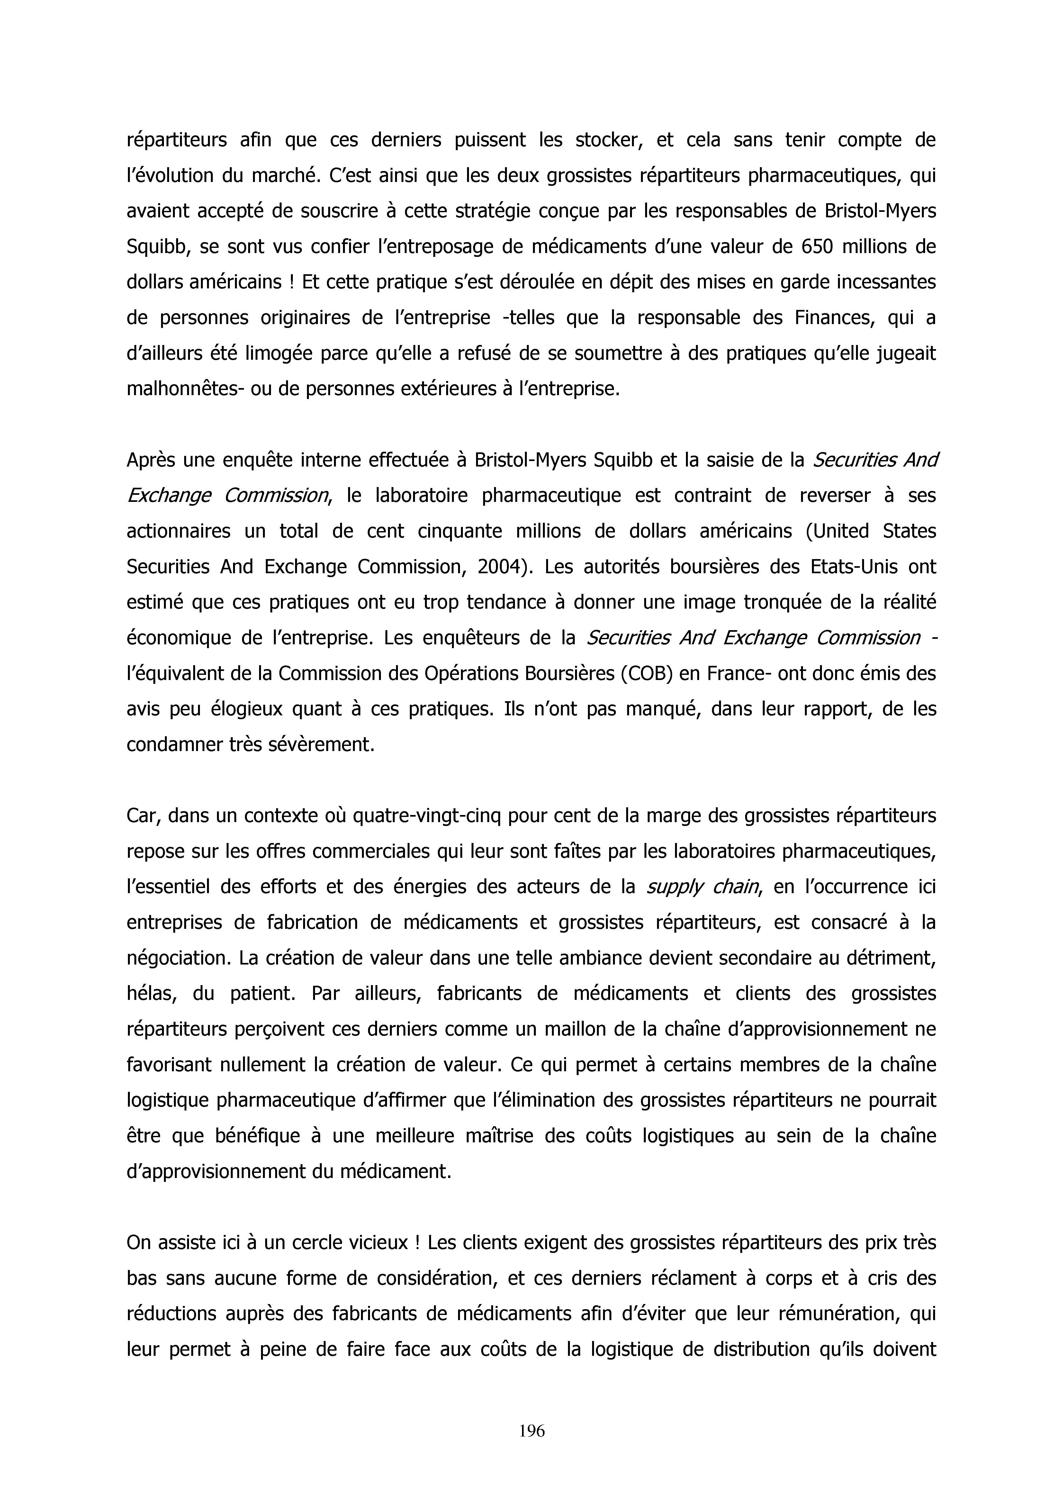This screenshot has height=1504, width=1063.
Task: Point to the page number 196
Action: tap(531, 1431)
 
